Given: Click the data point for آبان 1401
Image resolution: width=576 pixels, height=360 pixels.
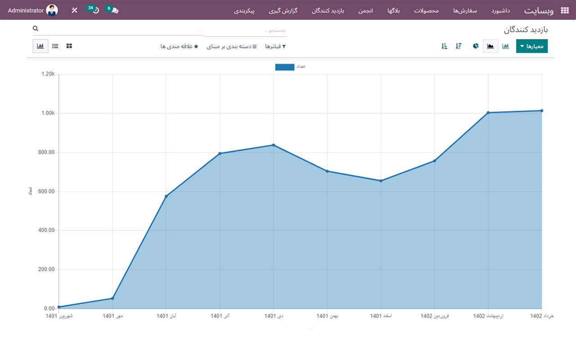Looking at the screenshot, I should click(x=166, y=196).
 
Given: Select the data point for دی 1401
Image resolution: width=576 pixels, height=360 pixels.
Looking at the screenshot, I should click(x=273, y=145).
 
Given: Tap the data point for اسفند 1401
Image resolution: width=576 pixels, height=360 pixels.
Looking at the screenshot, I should click(x=381, y=181).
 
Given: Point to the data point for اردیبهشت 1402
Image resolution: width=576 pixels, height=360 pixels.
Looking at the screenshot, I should click(x=488, y=112).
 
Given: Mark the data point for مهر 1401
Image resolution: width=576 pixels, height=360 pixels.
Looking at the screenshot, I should click(x=112, y=298).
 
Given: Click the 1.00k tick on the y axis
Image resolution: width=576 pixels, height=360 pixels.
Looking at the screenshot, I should click(x=48, y=113).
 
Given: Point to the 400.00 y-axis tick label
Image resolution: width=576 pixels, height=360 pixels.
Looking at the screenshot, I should click(x=46, y=230).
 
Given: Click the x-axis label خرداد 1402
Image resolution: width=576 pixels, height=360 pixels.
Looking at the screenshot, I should click(x=542, y=316).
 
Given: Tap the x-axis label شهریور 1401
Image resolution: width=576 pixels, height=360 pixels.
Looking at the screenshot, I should click(x=59, y=316).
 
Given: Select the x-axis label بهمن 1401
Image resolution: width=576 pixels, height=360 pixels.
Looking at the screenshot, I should click(x=327, y=316).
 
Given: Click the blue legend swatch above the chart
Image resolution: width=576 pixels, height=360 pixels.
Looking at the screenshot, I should click(x=284, y=67).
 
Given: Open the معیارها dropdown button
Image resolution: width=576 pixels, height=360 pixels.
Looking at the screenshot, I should click(x=531, y=46).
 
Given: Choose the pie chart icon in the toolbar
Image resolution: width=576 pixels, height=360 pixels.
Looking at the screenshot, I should click(x=476, y=46).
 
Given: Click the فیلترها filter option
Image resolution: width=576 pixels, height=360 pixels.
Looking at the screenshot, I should click(x=275, y=46).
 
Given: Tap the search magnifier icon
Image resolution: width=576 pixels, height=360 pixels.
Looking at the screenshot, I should click(x=36, y=28).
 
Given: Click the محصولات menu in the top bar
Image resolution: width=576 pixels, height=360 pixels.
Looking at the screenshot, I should click(x=426, y=10).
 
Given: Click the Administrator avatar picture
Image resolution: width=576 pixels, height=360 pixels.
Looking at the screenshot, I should click(x=52, y=10).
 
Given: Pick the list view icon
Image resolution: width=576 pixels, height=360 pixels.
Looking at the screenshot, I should click(x=55, y=46).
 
